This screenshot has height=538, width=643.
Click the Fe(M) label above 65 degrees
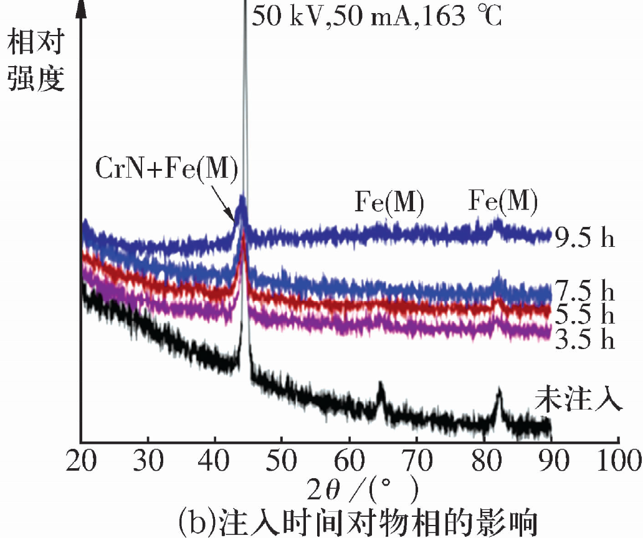pos(389,203)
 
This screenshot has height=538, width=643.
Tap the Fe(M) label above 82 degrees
pos(503,201)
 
